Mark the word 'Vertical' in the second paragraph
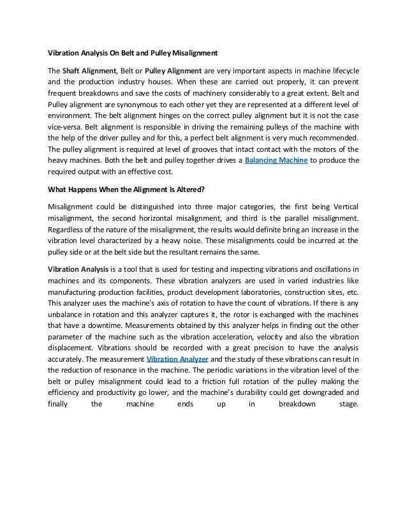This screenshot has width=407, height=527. coord(344,207)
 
